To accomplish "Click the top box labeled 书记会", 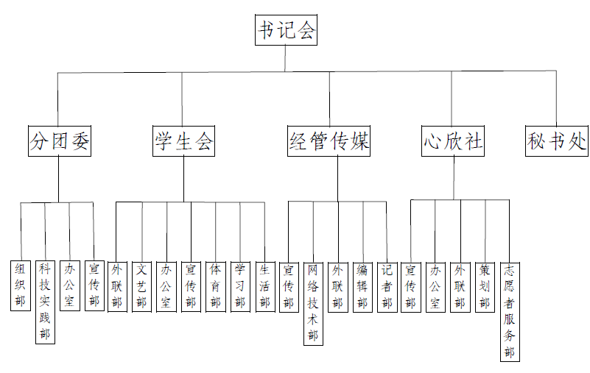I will click(287, 31).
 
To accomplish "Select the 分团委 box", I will click(59, 141).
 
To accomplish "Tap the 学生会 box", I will click(183, 141).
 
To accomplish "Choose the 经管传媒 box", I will click(329, 141).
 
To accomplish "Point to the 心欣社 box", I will click(453, 141).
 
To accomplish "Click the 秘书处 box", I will click(557, 141).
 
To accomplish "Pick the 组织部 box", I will click(21, 285).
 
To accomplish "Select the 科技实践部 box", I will click(45, 302).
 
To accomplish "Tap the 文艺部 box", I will click(142, 285).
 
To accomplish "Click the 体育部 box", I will click(215, 285).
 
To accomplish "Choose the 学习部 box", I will click(240, 285).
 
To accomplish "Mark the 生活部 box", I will click(264, 285).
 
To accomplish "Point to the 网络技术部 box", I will click(313, 302).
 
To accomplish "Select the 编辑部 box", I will click(362, 285).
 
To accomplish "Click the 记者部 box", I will click(386, 285).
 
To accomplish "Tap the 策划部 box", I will click(485, 285).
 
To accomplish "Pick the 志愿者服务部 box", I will click(509, 310).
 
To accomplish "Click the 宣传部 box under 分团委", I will click(94, 285).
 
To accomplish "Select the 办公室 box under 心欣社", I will click(435, 285).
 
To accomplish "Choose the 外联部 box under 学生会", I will click(117, 285).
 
